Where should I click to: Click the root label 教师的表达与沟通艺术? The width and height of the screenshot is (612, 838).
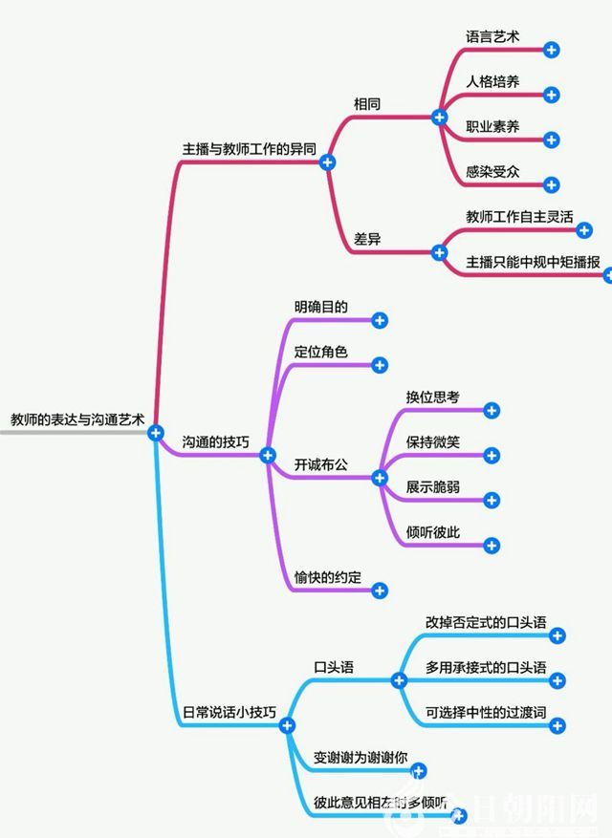(x=76, y=419)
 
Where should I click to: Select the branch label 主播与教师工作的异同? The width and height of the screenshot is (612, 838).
(x=249, y=150)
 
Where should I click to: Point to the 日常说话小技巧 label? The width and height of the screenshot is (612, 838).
(x=229, y=713)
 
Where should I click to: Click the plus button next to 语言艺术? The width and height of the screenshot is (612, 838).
(x=551, y=50)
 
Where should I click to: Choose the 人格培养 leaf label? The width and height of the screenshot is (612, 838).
(x=493, y=81)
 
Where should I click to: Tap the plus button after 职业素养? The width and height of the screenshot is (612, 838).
(x=551, y=140)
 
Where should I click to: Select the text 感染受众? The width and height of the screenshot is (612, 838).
(x=493, y=172)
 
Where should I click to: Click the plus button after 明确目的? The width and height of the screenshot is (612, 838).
(x=380, y=321)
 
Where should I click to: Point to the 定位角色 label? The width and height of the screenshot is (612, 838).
(x=320, y=352)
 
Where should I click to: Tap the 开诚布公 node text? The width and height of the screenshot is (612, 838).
(x=320, y=463)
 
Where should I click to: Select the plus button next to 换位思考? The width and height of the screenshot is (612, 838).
(x=492, y=411)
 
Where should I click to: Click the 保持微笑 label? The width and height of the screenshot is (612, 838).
(x=433, y=441)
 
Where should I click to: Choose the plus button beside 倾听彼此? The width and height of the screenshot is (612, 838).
(x=492, y=546)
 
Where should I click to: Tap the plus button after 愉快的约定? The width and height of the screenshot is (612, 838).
(x=380, y=591)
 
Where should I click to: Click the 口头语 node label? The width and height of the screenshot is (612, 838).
(x=334, y=667)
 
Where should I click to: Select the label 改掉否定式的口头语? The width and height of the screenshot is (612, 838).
(x=486, y=622)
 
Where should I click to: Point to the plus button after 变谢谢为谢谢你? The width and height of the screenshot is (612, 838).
(x=418, y=771)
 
